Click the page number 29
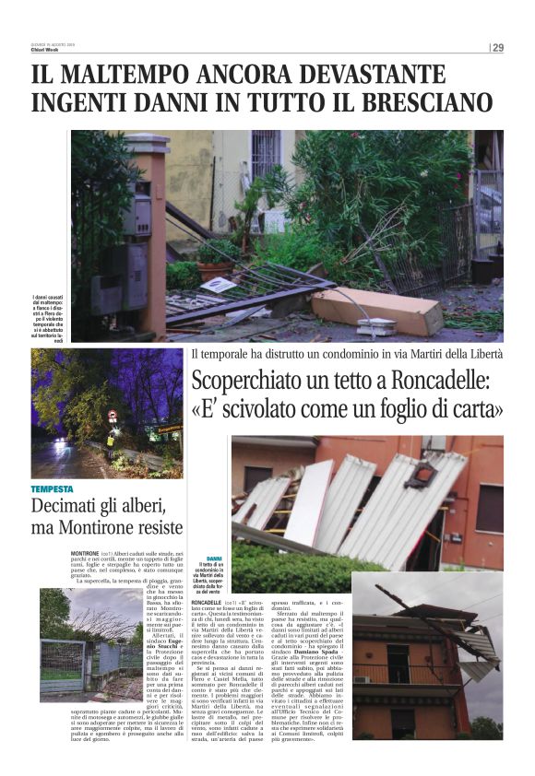click(497, 48)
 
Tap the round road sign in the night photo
click(113, 416)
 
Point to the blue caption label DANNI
click(214, 559)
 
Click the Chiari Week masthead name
click(44, 51)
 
